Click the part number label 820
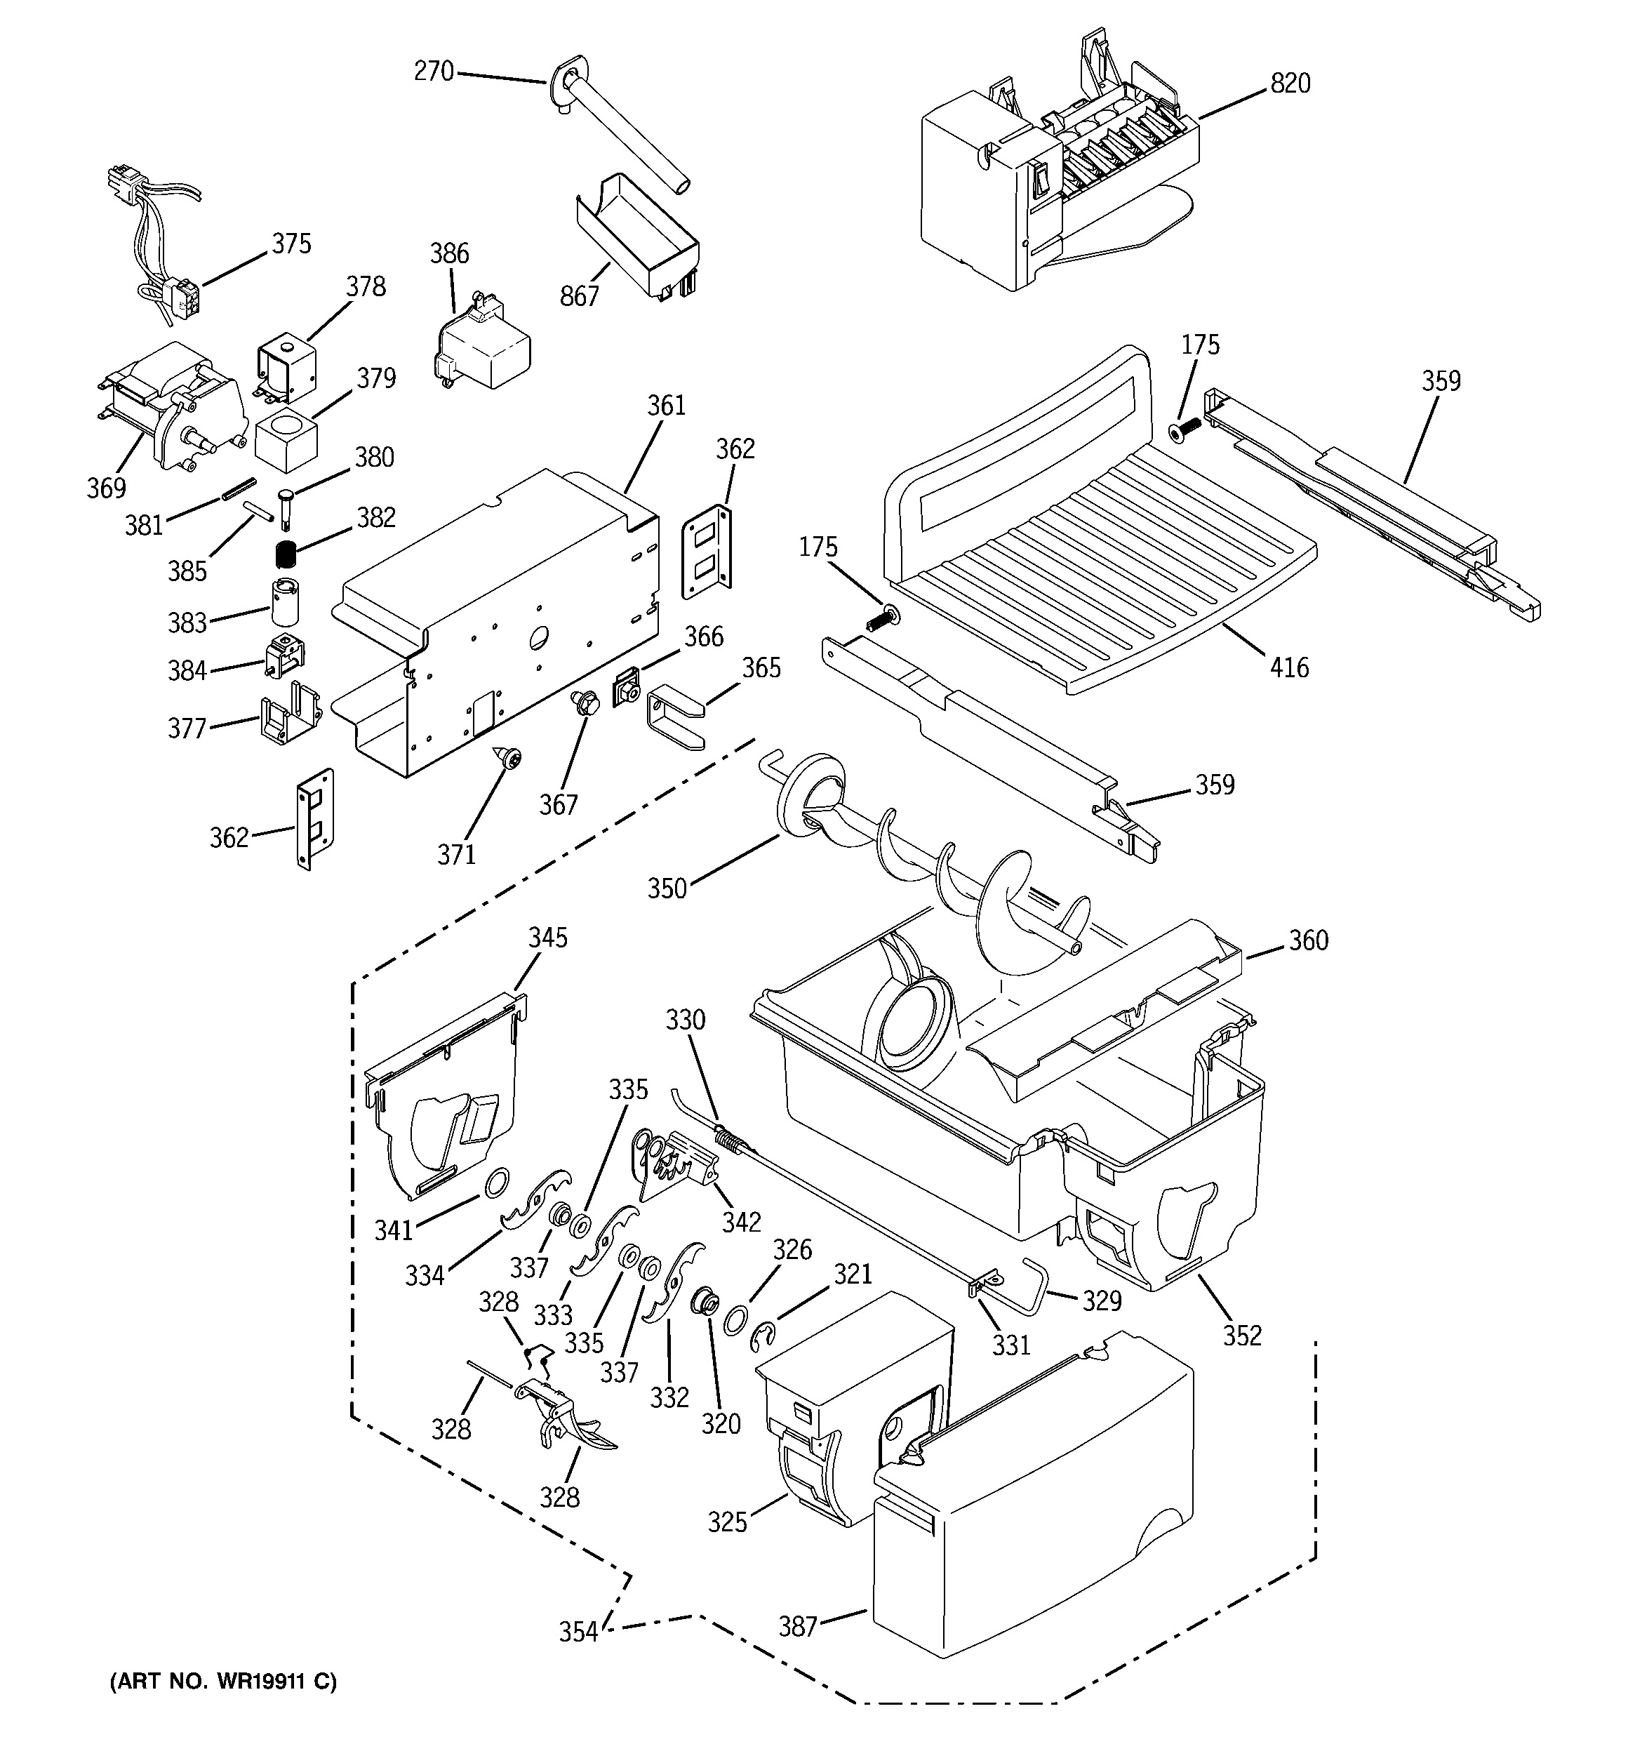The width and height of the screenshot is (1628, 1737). click(1290, 84)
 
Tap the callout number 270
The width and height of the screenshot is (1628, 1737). click(434, 71)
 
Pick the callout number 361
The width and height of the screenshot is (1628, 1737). click(667, 406)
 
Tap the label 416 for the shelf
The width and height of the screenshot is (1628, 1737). click(1290, 667)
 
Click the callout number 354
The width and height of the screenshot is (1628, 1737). click(578, 1631)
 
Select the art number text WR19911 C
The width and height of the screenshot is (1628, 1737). click(223, 1680)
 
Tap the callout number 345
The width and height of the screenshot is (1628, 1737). click(548, 938)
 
